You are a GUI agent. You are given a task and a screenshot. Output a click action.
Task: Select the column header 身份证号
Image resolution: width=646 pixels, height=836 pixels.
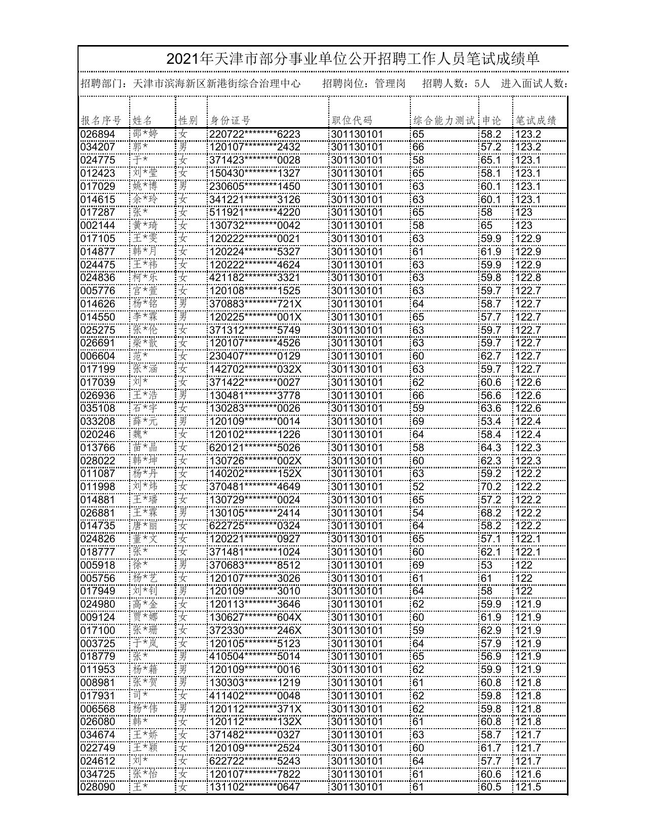[231, 121]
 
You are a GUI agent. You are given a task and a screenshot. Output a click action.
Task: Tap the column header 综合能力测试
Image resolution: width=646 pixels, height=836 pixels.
[444, 121]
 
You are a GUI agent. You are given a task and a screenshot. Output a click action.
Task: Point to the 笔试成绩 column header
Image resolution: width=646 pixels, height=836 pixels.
[536, 121]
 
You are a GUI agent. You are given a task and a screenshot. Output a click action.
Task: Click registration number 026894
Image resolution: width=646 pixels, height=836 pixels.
[98, 134]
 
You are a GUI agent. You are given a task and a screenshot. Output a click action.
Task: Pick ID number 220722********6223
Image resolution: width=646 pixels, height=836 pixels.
[255, 134]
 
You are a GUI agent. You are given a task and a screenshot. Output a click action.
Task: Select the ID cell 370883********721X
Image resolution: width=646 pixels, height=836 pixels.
[255, 304]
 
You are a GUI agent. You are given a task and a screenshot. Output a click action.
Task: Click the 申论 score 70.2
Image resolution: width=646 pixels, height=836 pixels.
[491, 487]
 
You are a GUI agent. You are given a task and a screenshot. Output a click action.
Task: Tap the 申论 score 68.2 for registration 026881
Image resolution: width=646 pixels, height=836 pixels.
[491, 513]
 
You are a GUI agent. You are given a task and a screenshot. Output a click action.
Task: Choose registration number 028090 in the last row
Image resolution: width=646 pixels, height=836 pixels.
[98, 787]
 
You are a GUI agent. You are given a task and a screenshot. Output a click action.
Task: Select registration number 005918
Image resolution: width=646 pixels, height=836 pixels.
[98, 565]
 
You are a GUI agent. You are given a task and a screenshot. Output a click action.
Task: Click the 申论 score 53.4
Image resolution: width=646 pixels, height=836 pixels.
[491, 421]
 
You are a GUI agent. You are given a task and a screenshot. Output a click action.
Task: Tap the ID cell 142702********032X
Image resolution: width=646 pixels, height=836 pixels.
[255, 369]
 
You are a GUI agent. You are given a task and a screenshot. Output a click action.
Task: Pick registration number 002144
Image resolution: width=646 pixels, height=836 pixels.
[98, 225]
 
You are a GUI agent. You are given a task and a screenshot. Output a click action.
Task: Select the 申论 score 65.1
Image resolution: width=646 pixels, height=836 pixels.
[491, 160]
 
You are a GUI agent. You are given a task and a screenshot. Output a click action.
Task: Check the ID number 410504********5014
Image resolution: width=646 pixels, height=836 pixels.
[255, 656]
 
